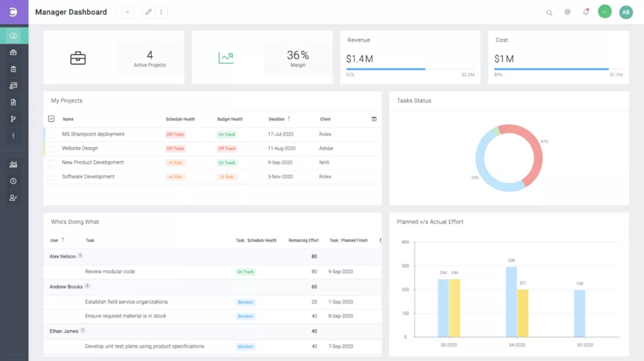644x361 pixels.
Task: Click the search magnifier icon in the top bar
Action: pos(549,12)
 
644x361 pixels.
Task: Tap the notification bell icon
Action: pos(586,12)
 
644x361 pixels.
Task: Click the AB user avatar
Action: pos(626,12)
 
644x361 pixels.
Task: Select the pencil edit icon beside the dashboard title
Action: pos(149,12)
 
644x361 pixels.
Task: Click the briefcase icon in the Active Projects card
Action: pos(78,58)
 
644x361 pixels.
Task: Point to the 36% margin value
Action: pos(298,55)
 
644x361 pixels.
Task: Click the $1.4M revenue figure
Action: pos(359,59)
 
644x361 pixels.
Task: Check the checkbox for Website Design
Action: pos(51,149)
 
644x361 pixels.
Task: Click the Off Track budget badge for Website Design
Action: pos(226,149)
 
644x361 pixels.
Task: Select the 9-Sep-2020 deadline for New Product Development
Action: pos(280,162)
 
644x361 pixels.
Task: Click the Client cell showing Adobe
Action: pos(326,148)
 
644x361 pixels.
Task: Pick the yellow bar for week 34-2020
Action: pos(523,313)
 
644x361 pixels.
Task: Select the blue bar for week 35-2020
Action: pos(579,313)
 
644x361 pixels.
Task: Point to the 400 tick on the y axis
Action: pos(405,242)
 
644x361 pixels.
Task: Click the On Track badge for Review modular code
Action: pos(245,272)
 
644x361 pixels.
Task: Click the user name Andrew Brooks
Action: pos(66,287)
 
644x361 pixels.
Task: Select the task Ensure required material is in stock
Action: pos(126,316)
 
